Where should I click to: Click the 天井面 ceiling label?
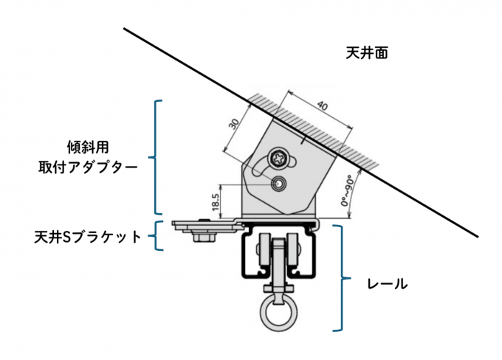coord(366,53)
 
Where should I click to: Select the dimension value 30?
coord(234,123)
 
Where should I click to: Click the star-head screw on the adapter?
coord(279,156)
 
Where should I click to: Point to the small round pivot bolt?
coord(279,183)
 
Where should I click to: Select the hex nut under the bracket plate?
coord(202,237)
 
